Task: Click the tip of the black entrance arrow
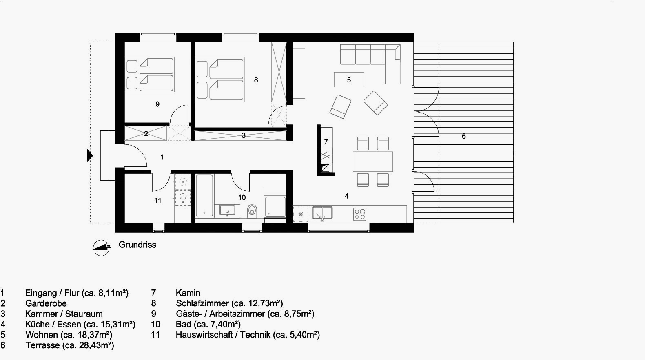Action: point(93,156)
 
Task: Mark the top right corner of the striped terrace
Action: point(514,42)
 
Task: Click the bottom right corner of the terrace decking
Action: point(514,223)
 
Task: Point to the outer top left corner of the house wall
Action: point(115,33)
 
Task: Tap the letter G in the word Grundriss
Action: point(122,245)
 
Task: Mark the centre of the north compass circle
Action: point(101,248)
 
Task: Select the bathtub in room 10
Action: point(204,195)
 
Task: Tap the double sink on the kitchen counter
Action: point(322,213)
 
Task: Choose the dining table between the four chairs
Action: point(373,162)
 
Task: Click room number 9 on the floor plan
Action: point(157,104)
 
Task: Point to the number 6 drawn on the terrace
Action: point(463,136)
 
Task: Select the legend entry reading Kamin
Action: point(188,293)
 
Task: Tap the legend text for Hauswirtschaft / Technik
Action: point(223,335)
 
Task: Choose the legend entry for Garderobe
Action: point(46,303)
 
